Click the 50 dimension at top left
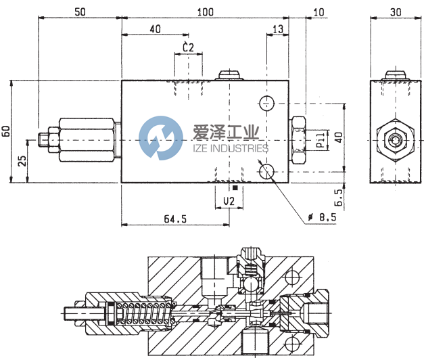pos(80,12)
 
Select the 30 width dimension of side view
pos(396,12)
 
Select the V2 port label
pos(229,202)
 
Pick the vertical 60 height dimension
pos(6,131)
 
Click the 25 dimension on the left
pos(22,161)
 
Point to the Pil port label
pos(321,141)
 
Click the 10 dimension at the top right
pos(319,12)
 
